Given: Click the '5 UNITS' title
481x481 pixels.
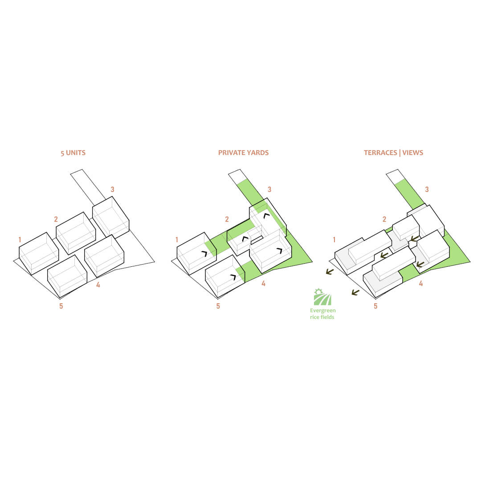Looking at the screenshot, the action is [x=73, y=153].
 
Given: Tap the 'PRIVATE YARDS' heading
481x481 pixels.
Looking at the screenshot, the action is [x=243, y=153].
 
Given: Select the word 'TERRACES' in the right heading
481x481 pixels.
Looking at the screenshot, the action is [x=380, y=153].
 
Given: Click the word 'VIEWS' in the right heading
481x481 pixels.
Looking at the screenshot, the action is [x=412, y=153].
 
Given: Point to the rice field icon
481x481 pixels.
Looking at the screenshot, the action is [x=322, y=297].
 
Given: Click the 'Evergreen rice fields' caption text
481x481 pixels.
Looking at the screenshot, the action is [x=322, y=314].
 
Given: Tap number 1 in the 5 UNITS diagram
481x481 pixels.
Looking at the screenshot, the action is [x=20, y=240].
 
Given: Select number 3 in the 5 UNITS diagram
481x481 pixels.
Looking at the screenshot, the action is [x=112, y=190].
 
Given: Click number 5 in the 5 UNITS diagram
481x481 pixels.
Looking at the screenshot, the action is [x=61, y=306].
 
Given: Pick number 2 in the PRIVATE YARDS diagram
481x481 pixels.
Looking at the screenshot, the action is [x=227, y=219].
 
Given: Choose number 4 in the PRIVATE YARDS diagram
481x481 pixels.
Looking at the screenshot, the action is [x=263, y=284].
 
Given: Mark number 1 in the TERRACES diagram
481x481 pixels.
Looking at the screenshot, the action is [x=334, y=240].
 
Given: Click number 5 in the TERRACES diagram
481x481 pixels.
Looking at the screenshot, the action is [x=375, y=306].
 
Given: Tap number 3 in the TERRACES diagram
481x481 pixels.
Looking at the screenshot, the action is [x=427, y=190].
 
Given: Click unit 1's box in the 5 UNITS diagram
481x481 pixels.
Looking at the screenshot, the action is [x=39, y=253].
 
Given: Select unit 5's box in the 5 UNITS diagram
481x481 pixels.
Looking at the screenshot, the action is [x=67, y=276].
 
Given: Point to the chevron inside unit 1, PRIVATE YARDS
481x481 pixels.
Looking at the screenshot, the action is [x=204, y=254].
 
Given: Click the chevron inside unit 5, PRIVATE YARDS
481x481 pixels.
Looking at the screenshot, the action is [x=233, y=277].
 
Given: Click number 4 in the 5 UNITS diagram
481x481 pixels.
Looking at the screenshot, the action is [x=98, y=285].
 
